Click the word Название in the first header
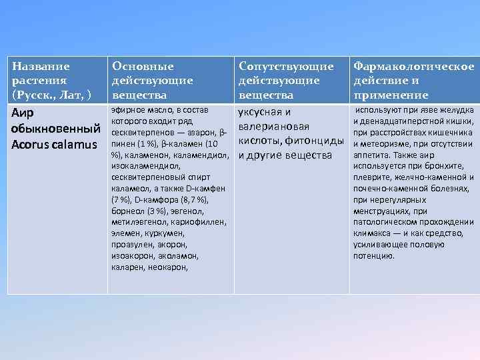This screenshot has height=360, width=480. [41, 67]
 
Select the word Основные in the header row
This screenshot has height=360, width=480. [143, 67]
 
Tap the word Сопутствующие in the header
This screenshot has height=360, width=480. [286, 67]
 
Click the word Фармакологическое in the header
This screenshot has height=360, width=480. [414, 67]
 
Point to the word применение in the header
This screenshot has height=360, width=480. [391, 95]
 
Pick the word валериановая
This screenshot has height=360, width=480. [274, 127]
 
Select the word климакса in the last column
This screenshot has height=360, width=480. [374, 233]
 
